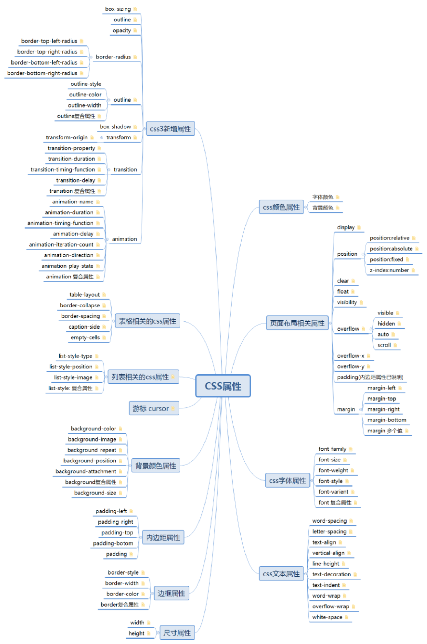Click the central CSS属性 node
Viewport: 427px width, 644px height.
pyautogui.click(x=223, y=386)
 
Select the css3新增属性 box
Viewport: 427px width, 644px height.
pyautogui.click(x=170, y=128)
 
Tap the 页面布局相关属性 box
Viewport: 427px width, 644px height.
pyautogui.click(x=297, y=323)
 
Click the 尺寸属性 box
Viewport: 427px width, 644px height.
pyautogui.click(x=177, y=633)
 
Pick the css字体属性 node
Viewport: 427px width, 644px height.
pyautogui.click(x=287, y=480)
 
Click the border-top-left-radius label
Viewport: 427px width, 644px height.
pyautogui.click(x=49, y=41)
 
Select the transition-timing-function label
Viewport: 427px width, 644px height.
pyautogui.click(x=63, y=169)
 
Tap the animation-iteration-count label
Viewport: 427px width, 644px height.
pyautogui.click(x=61, y=244)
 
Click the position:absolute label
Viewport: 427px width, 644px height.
pyautogui.click(x=391, y=249)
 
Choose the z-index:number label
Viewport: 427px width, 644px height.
pyautogui.click(x=389, y=270)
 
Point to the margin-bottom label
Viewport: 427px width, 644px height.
pyautogui.click(x=387, y=420)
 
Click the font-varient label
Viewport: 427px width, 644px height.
pyautogui.click(x=333, y=491)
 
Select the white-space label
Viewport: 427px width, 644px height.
pyautogui.click(x=327, y=617)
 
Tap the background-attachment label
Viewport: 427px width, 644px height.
pyautogui.click(x=86, y=471)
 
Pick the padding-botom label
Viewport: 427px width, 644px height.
pyautogui.click(x=113, y=543)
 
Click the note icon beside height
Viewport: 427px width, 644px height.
pyautogui.click(x=149, y=633)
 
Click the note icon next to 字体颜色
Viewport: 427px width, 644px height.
pyautogui.click(x=338, y=197)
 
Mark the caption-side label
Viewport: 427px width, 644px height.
pyautogui.click(x=84, y=327)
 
